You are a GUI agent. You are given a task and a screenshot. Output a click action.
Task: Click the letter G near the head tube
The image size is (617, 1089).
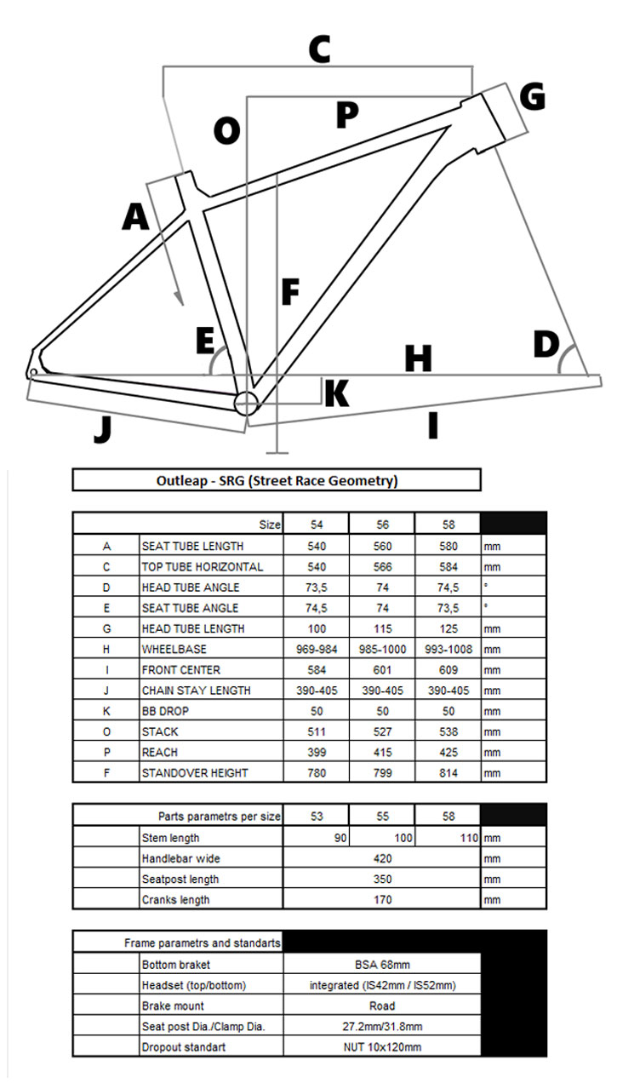(533, 96)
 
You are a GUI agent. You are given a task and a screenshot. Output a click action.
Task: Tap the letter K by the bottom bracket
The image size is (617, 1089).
(336, 393)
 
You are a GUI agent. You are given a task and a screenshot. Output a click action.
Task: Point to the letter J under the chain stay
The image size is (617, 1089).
(103, 428)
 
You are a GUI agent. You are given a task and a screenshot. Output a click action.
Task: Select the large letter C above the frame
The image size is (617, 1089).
(318, 50)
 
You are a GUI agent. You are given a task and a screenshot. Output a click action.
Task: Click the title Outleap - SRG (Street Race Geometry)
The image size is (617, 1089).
(277, 480)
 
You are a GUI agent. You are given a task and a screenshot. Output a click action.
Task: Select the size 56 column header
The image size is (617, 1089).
(382, 524)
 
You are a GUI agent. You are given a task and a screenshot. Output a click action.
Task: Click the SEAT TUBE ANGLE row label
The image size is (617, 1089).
(190, 608)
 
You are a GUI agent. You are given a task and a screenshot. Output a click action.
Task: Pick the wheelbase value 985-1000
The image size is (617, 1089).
(382, 649)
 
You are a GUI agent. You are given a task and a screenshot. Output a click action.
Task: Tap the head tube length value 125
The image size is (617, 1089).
(448, 628)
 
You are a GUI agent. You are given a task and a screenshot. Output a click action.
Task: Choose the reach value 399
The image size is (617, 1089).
(316, 753)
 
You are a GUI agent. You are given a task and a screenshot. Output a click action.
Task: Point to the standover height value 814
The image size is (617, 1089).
(448, 773)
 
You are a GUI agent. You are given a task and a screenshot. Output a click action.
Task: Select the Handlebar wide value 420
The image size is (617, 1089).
(382, 858)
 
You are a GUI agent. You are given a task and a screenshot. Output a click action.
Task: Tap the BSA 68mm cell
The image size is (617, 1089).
(382, 965)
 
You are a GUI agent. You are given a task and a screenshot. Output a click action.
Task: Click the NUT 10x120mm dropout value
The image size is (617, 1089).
(382, 1047)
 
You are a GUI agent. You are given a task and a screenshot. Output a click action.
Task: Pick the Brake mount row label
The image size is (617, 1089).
(174, 1006)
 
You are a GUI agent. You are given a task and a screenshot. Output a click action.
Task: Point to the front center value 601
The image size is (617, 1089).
(382, 670)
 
